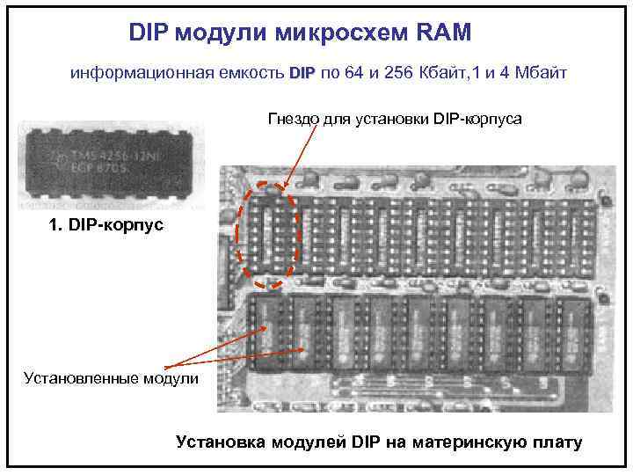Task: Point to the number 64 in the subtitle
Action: pyautogui.click(x=353, y=73)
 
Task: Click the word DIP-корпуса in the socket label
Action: pyautogui.click(x=478, y=119)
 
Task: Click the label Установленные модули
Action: pyautogui.click(x=105, y=379)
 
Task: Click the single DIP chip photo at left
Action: pyautogui.click(x=111, y=164)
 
